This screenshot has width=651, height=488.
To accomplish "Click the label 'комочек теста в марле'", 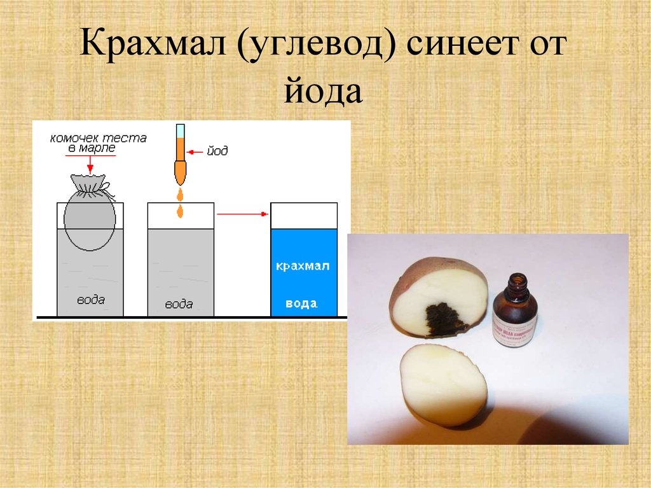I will (x=99, y=143).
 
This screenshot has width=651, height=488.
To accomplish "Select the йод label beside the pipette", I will (x=217, y=151).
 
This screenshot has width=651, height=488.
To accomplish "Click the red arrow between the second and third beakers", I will (x=241, y=214).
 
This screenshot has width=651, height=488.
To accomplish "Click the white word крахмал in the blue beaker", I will (x=303, y=266).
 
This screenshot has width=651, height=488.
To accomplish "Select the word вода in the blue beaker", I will (x=301, y=303).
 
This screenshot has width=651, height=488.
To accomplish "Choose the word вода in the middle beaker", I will (x=179, y=303).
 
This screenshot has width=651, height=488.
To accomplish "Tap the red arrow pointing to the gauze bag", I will (x=90, y=164).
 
